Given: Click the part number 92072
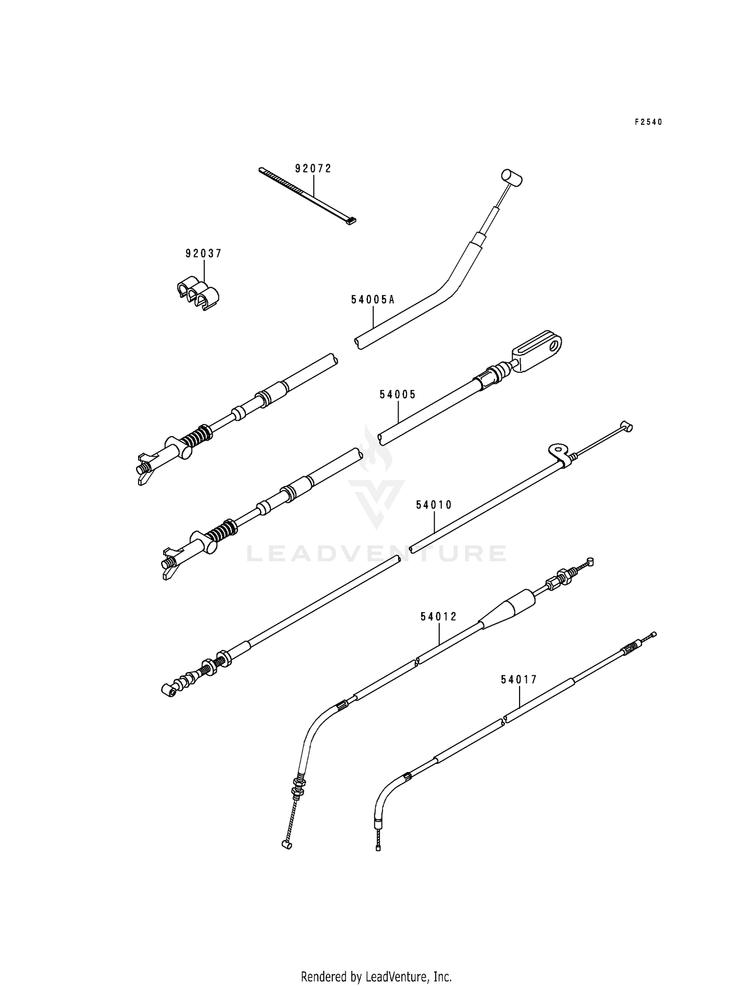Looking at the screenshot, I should coord(313,169).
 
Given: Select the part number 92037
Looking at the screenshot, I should coord(203,254).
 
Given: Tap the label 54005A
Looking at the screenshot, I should coord(372,300).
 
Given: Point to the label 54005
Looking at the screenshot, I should coord(398,395).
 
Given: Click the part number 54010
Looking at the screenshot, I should coord(434,505).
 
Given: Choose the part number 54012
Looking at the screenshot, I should coord(439,617).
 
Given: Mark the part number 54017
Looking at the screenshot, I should coord(519,680).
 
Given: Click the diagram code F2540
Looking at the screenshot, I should coord(648,122).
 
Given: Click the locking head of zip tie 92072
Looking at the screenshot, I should coord(352,220).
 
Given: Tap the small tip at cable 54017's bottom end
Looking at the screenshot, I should coord(378,848).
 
